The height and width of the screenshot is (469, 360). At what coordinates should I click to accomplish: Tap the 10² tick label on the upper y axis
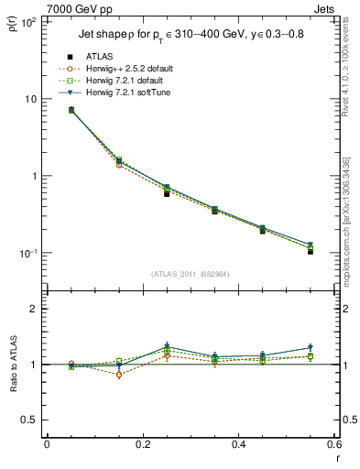[x=27, y=21]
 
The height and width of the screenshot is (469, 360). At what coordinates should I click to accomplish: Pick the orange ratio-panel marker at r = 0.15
[x=118, y=375]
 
